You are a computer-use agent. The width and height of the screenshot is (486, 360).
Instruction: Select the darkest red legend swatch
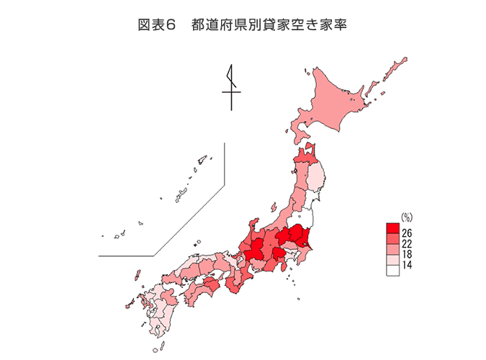[393, 229]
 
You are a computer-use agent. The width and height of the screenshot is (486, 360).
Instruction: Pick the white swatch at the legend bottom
[393, 270]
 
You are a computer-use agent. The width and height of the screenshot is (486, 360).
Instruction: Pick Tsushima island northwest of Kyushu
[136, 275]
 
